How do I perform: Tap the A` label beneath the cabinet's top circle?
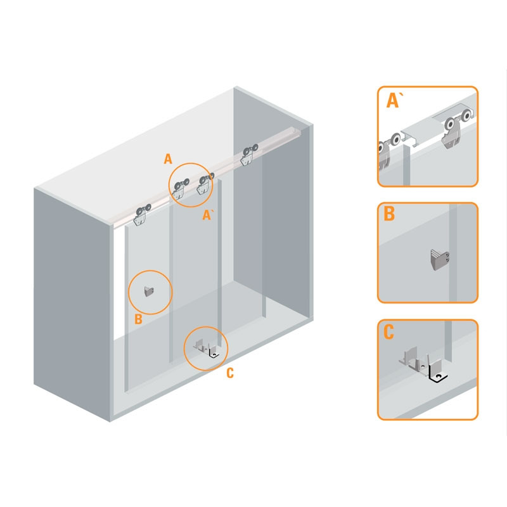207,215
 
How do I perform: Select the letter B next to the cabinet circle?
138,319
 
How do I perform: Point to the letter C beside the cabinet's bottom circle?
229,373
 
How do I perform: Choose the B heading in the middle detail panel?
389,214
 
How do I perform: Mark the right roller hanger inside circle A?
204,184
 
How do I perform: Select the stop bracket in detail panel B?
440,260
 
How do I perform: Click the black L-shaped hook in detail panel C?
437,373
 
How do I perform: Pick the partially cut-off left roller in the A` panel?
388,151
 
